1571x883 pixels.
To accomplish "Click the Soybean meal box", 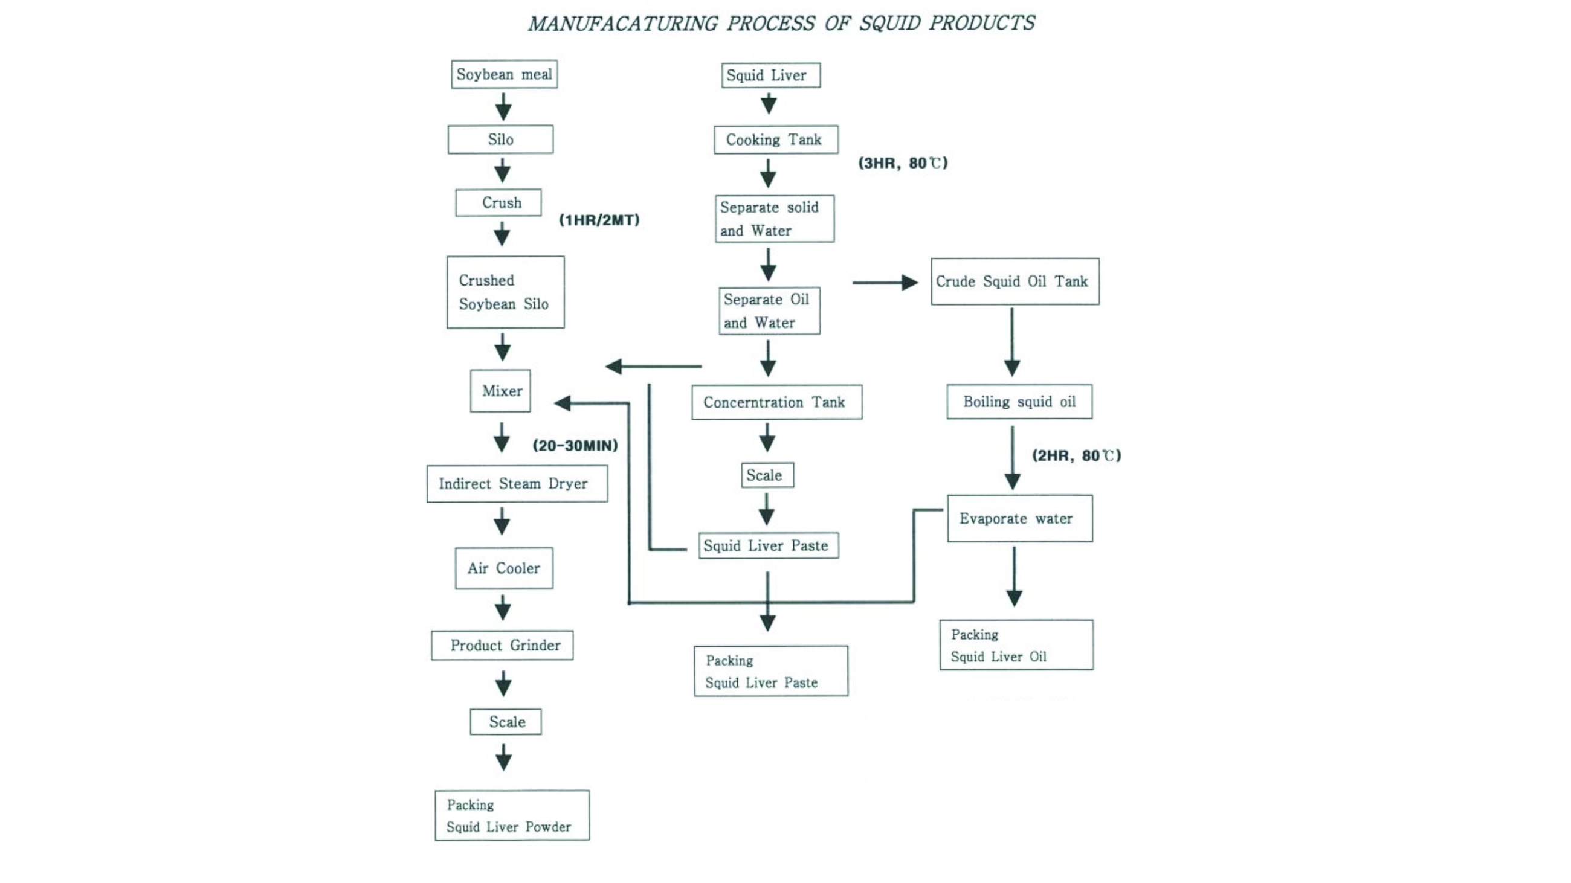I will click(x=504, y=74).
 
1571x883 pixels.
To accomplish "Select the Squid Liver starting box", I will click(x=770, y=75).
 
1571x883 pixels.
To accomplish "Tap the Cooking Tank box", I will click(x=776, y=140).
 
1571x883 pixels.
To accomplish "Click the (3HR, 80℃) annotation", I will click(x=903, y=163).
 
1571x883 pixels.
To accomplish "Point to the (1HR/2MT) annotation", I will click(x=599, y=220).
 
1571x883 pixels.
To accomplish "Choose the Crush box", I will click(x=498, y=203).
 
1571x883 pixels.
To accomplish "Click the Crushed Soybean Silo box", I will click(x=505, y=292).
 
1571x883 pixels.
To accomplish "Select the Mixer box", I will click(x=500, y=391).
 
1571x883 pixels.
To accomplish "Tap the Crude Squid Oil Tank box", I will click(x=1015, y=281).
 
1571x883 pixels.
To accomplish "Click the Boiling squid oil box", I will click(x=1019, y=402).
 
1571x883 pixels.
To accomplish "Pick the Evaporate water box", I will click(x=1020, y=519).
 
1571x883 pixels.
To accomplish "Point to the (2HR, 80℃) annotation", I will click(x=1076, y=456).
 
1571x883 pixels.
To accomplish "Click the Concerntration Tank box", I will click(x=776, y=402).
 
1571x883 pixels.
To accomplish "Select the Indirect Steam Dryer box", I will click(x=517, y=484).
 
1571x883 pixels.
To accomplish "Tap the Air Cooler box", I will click(x=504, y=568).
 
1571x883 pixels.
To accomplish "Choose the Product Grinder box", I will click(x=502, y=646).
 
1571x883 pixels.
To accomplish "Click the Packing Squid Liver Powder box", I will click(x=512, y=815).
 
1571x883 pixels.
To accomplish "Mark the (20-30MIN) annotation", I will click(x=575, y=446).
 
